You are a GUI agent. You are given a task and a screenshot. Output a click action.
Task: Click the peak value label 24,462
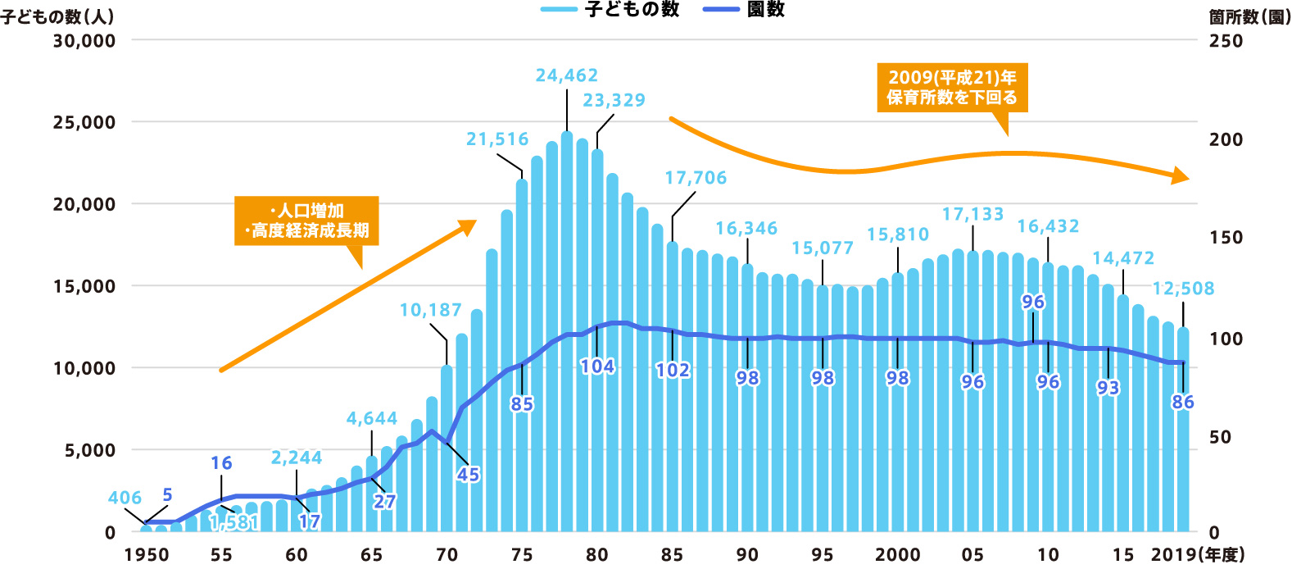coord(567,75)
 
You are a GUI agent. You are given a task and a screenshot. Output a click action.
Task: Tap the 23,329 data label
coord(614,100)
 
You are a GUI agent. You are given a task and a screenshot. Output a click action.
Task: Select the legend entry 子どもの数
coord(632,9)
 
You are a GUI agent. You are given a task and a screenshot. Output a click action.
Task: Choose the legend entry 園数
coord(765,9)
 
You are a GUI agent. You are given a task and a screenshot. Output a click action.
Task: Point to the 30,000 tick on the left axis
coord(84,40)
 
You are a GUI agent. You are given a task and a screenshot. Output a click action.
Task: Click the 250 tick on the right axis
coord(1226,41)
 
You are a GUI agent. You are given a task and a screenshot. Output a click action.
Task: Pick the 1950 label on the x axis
coord(147,555)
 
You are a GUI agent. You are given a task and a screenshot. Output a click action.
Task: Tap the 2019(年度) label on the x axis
coord(1197,555)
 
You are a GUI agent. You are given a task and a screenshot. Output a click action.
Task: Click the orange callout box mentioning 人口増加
coord(306,221)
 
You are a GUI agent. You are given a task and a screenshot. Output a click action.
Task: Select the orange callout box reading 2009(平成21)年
coord(952,87)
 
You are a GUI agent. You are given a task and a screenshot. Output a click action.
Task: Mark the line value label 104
coord(597,366)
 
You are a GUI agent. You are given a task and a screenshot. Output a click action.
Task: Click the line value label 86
coord(1182,402)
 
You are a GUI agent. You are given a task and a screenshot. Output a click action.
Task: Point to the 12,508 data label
coord(1183,289)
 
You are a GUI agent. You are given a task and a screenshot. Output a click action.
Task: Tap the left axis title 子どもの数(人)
coord(57,16)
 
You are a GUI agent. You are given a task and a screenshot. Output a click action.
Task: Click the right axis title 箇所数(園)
coord(1249,16)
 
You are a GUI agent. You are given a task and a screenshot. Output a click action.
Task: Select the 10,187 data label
coord(430,310)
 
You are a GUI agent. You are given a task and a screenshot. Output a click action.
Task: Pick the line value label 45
coord(468,475)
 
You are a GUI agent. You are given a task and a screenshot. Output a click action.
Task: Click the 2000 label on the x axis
coord(897,555)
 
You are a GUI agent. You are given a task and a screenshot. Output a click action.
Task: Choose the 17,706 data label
coord(696,178)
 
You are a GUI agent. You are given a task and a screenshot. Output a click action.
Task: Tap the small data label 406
coord(125,498)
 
